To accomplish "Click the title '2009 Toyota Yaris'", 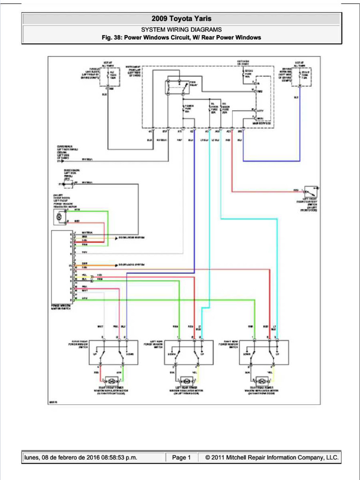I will tap(181, 19).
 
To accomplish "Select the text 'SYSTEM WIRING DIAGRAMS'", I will tap(181, 30).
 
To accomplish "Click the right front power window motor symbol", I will tap(112, 379).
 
